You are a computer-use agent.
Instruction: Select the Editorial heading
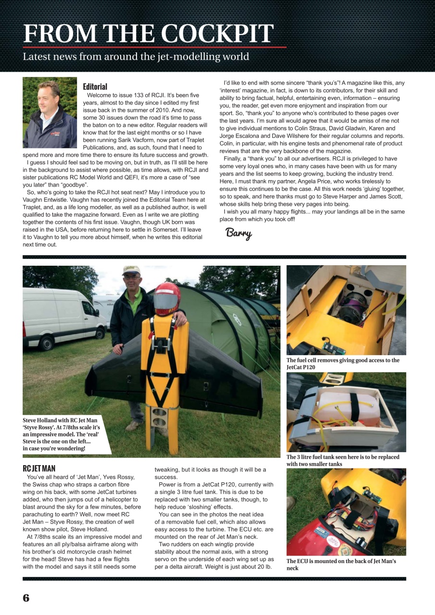tap(95, 87)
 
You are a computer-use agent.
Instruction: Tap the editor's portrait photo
tap(50, 112)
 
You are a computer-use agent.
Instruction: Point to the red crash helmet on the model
tap(167, 298)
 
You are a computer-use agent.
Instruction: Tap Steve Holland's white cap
tap(131, 271)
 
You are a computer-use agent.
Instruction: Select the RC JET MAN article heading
tap(39, 468)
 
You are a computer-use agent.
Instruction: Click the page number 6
tap(26, 597)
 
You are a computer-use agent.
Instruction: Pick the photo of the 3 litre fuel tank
tap(346, 412)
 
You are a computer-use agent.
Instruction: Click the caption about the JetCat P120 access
tap(343, 363)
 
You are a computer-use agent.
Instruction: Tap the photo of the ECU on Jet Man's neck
tap(346, 512)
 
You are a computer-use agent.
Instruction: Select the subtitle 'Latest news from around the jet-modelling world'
tap(136, 57)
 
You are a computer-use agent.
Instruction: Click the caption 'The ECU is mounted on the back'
tap(341, 564)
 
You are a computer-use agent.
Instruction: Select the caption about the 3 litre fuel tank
tap(343, 460)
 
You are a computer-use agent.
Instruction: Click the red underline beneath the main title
tap(154, 47)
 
